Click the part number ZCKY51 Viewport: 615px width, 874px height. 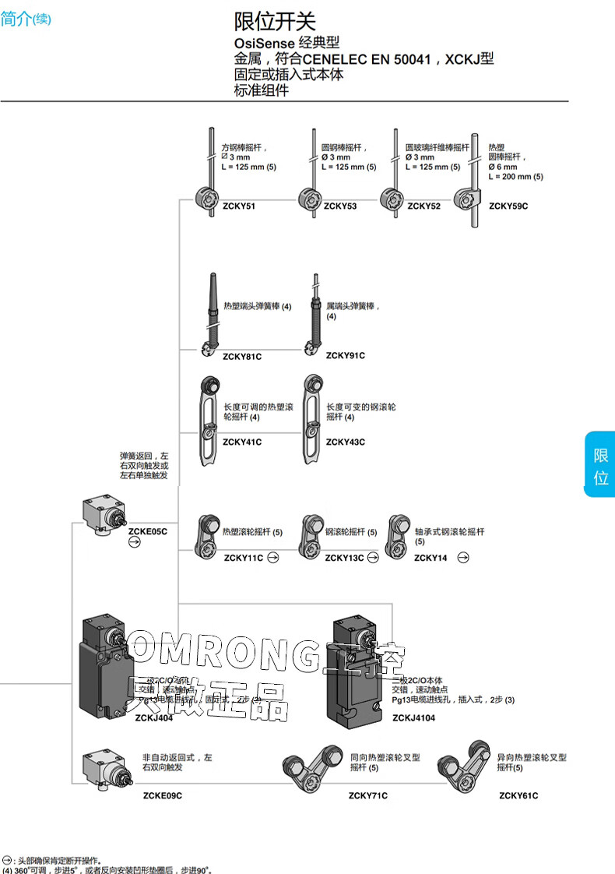tap(238, 206)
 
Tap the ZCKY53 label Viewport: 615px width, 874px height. tap(340, 206)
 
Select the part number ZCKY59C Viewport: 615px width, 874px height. tap(508, 206)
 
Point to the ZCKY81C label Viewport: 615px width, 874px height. tap(242, 356)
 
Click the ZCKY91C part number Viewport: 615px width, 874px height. tap(346, 356)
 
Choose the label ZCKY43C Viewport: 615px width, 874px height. tap(346, 442)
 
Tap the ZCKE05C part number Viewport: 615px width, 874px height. tap(148, 531)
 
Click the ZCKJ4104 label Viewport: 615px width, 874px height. tap(413, 718)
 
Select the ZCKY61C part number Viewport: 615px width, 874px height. tap(518, 795)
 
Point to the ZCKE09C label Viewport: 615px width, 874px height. tap(163, 795)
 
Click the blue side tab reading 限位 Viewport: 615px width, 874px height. tap(600, 466)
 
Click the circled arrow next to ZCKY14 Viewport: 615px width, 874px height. tap(464, 557)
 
